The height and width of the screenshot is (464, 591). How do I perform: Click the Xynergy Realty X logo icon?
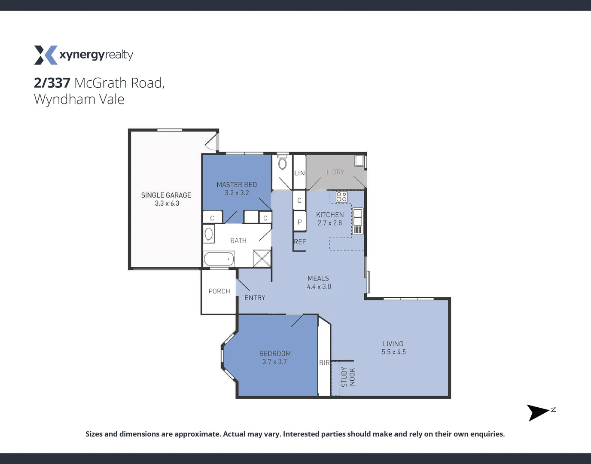pos(46,55)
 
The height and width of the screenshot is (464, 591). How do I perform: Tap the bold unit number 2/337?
pos(52,82)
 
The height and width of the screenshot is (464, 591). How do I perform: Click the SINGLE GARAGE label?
pos(166,195)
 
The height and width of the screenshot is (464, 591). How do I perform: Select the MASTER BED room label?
pos(237,185)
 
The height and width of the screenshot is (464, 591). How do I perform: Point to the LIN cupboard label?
pos(299,173)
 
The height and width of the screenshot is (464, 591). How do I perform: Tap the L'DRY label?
pos(335,172)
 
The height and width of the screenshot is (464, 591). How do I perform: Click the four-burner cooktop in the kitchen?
pos(341,197)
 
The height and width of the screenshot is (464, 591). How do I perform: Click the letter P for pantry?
pos(299,222)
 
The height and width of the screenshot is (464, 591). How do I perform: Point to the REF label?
pos(300,242)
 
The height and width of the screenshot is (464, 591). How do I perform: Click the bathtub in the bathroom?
pos(219,259)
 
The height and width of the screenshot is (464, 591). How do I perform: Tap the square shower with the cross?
pos(262,259)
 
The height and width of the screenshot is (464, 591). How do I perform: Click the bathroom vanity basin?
pos(209,234)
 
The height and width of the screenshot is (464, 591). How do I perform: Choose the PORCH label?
pos(219,291)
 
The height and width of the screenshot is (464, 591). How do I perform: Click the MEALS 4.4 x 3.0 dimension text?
pos(319,287)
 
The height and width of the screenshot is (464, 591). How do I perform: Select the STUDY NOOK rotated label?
pos(348,377)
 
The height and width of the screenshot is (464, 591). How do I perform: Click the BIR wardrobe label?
pos(324,363)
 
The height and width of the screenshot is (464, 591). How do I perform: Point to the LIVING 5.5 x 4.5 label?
pos(393,348)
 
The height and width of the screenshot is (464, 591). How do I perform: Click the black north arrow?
pos(537,412)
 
